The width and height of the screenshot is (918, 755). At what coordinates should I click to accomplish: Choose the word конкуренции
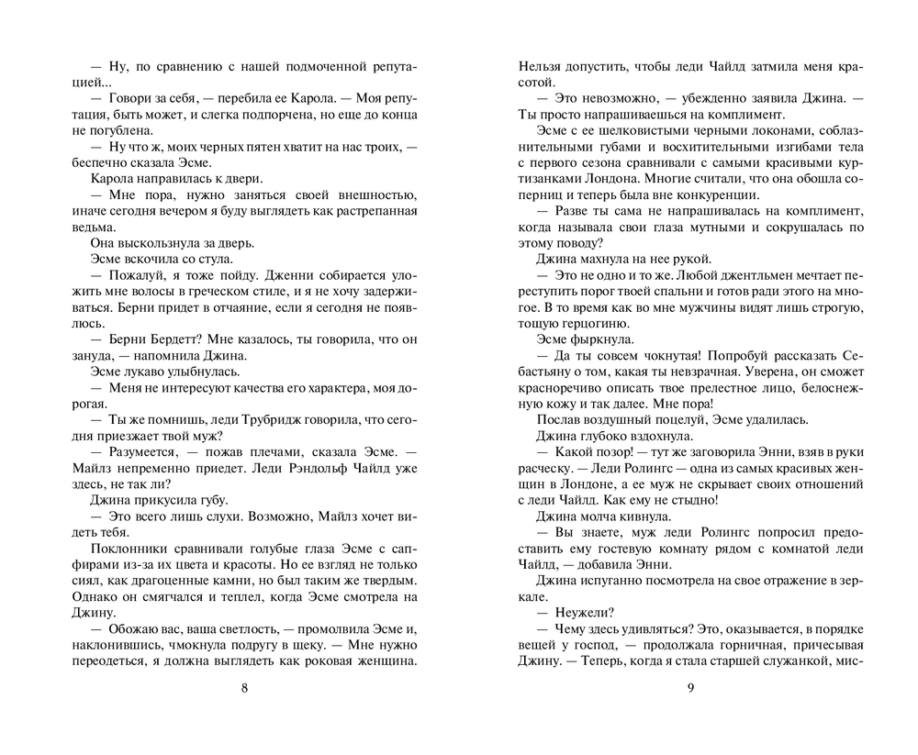click(717, 195)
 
